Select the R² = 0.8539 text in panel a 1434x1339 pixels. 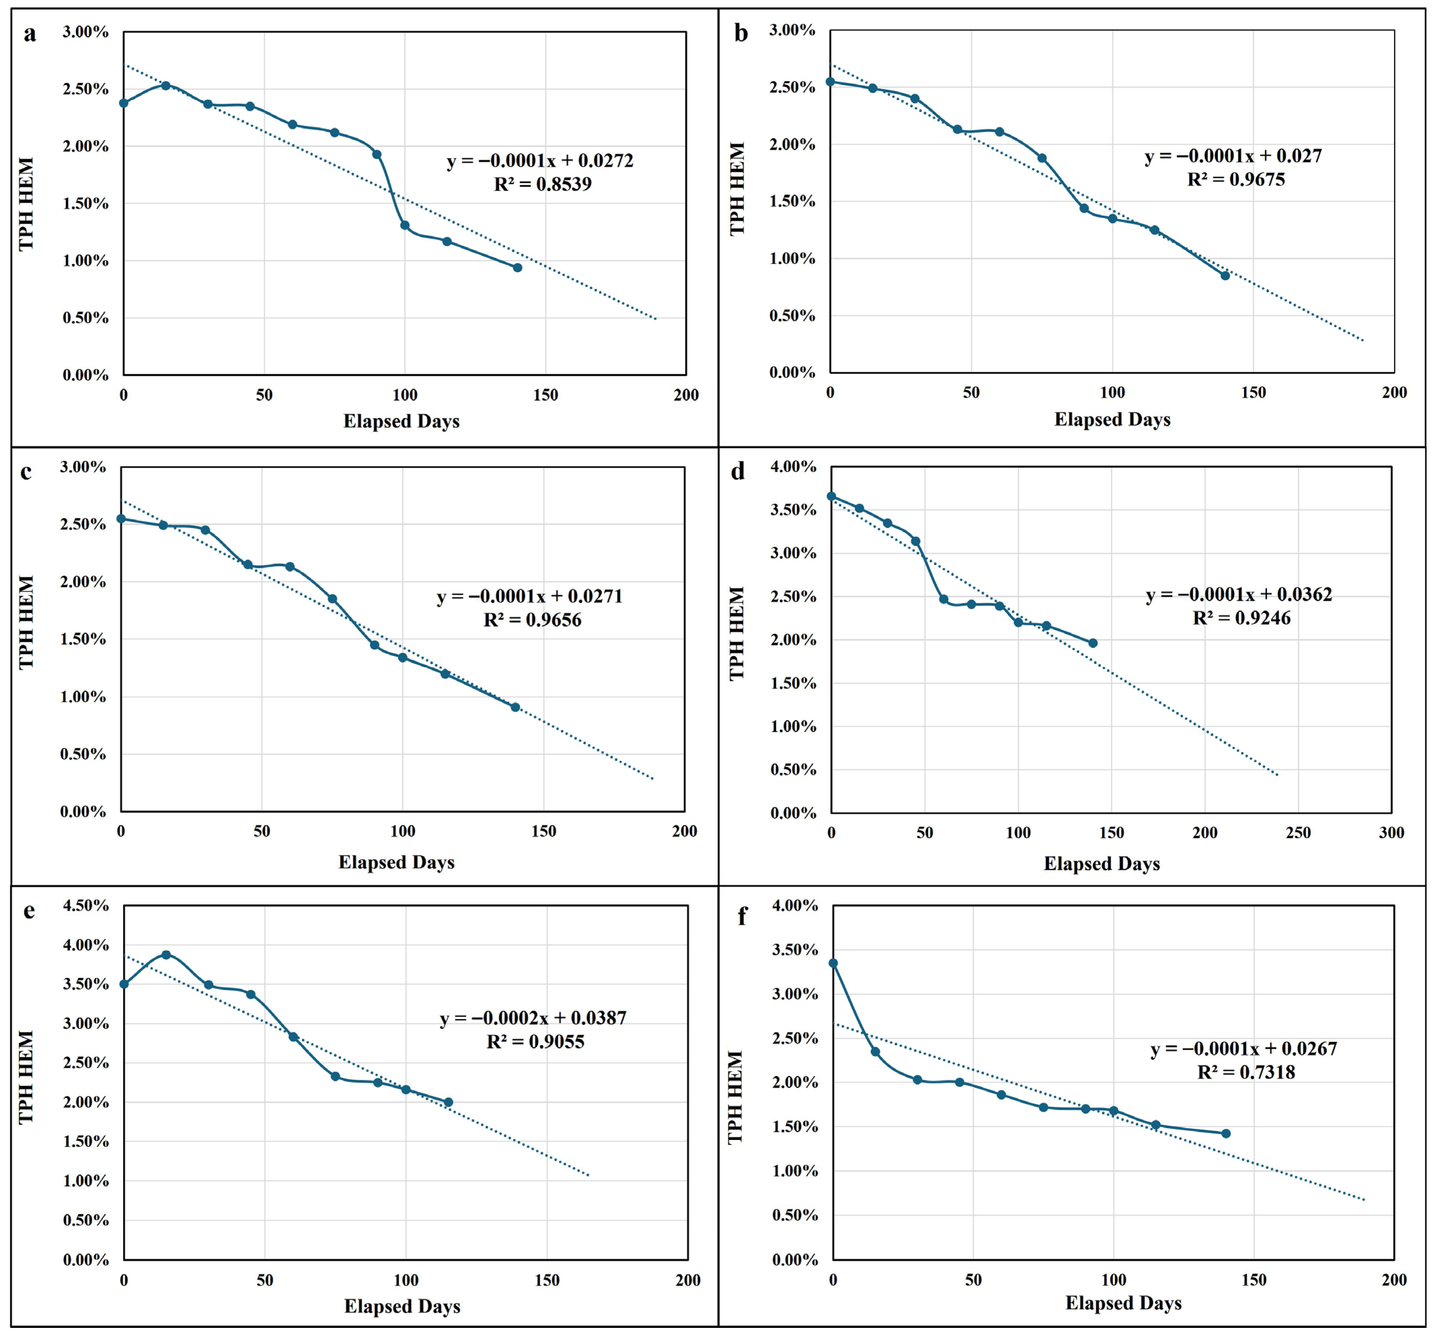543,184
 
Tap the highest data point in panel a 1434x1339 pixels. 165,85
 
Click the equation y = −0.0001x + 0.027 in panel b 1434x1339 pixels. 1233,156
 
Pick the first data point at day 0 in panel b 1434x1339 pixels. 830,81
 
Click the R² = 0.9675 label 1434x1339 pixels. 1236,180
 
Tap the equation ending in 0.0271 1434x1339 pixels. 529,597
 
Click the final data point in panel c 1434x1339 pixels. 515,707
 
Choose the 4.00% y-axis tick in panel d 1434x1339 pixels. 793,467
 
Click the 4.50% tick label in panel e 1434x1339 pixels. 85,906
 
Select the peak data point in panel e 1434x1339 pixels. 166,954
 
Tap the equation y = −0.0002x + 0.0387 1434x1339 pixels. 533,1018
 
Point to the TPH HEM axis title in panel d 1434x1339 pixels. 736,634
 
